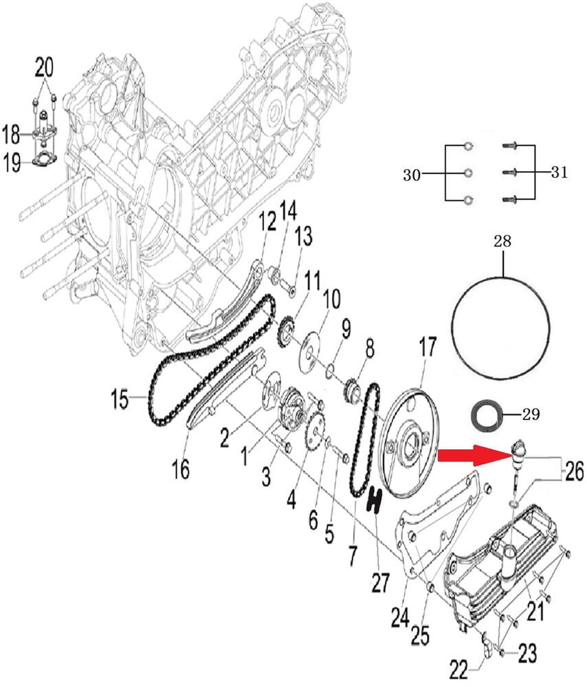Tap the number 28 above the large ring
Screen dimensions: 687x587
pyautogui.click(x=502, y=242)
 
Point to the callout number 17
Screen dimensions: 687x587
pyautogui.click(x=428, y=348)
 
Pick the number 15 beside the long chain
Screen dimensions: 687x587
pyautogui.click(x=120, y=398)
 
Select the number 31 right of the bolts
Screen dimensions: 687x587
pyautogui.click(x=559, y=172)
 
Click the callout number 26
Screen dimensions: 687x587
pyautogui.click(x=575, y=471)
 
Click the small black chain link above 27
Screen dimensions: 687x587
pyautogui.click(x=375, y=500)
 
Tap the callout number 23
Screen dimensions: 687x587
pyautogui.click(x=527, y=653)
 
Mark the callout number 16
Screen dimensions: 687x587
pyautogui.click(x=180, y=469)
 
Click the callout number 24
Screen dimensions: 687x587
pyautogui.click(x=401, y=618)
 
